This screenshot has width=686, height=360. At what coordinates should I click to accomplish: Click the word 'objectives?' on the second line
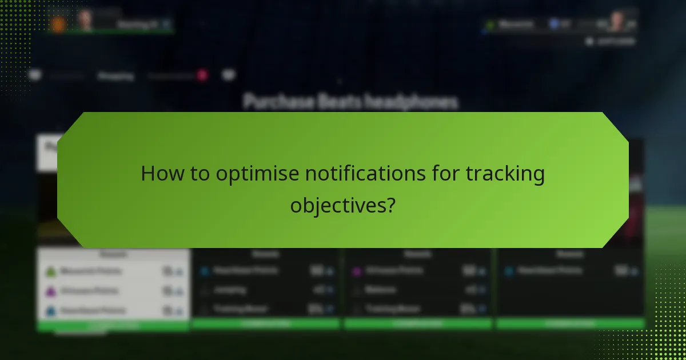[x=343, y=205]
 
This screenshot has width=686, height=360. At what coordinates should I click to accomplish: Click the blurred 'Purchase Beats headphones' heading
[x=350, y=102]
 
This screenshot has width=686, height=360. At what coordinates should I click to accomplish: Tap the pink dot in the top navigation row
[x=202, y=75]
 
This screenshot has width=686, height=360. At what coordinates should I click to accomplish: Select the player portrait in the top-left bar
[x=85, y=21]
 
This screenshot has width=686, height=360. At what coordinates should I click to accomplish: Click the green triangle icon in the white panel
[x=50, y=271]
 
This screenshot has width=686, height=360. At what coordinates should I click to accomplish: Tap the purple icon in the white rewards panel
[x=50, y=291]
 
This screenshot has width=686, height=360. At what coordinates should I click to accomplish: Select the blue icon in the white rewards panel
[x=50, y=310]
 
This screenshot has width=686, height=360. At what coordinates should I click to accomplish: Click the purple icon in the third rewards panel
[x=356, y=271]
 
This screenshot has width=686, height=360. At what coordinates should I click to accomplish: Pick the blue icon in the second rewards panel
[x=204, y=271]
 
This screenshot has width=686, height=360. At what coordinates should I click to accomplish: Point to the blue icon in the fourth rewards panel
[x=509, y=271]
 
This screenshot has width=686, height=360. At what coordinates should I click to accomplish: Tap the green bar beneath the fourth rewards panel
[x=570, y=324]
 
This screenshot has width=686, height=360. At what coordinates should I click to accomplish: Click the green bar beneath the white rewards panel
[x=113, y=326]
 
